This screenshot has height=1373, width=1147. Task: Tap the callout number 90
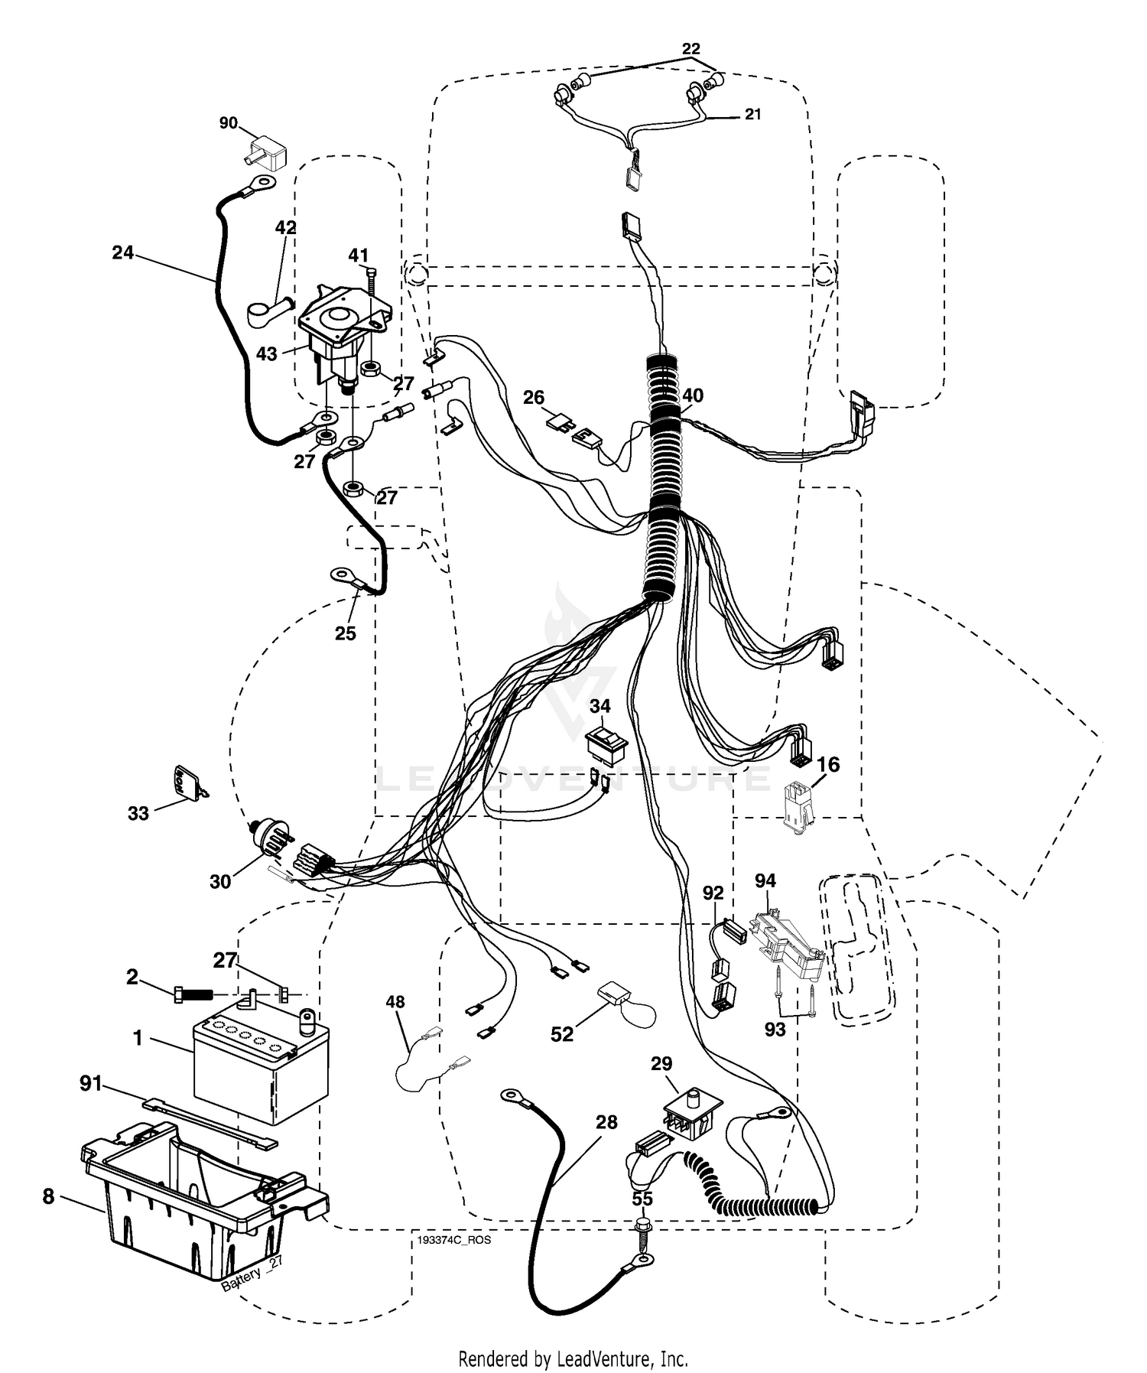(x=229, y=123)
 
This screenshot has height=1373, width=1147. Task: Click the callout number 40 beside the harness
(x=693, y=395)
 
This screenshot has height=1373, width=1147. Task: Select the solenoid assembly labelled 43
(x=343, y=333)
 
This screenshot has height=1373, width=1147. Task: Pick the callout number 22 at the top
(x=691, y=49)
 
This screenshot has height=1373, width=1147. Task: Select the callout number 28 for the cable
(x=606, y=1122)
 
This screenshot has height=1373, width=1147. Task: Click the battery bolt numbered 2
(x=197, y=995)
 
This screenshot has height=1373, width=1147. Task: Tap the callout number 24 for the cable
(x=123, y=252)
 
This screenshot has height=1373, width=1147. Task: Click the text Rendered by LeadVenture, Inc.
(x=573, y=1359)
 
